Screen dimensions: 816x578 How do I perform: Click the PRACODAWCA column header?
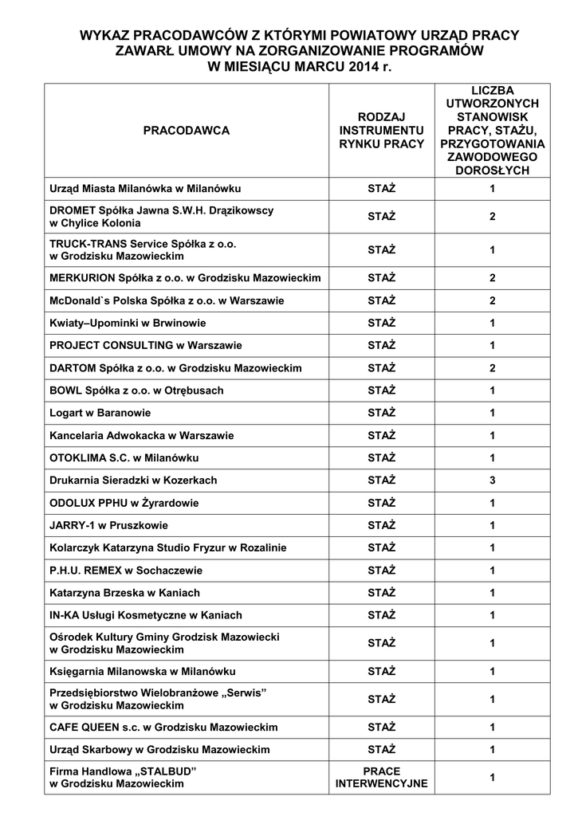coord(186,130)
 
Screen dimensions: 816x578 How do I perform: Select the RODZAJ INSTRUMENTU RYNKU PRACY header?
coord(382,130)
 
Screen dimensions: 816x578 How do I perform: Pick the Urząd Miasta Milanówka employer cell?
coord(145,189)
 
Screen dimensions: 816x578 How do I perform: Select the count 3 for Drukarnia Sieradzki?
coord(493,481)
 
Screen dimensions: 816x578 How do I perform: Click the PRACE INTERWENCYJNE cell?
coord(382,778)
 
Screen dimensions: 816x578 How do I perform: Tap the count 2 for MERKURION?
coord(493,278)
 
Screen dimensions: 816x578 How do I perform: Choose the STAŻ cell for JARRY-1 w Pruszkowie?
coord(382,525)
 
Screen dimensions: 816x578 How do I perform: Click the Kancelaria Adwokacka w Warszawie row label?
coord(141,436)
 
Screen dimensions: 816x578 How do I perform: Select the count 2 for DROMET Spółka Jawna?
coord(493,217)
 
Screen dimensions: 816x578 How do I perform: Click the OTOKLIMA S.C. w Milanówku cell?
coord(124,458)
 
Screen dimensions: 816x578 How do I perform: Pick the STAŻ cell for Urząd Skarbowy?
coord(382,750)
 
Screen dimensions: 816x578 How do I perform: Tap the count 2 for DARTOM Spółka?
coord(493,368)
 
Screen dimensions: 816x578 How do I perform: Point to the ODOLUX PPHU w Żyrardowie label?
coord(124,503)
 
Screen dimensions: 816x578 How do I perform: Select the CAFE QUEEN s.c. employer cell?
coord(163,728)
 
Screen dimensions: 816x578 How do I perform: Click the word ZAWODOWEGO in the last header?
coord(493,158)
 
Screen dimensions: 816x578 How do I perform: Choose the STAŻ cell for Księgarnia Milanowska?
coord(382,671)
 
